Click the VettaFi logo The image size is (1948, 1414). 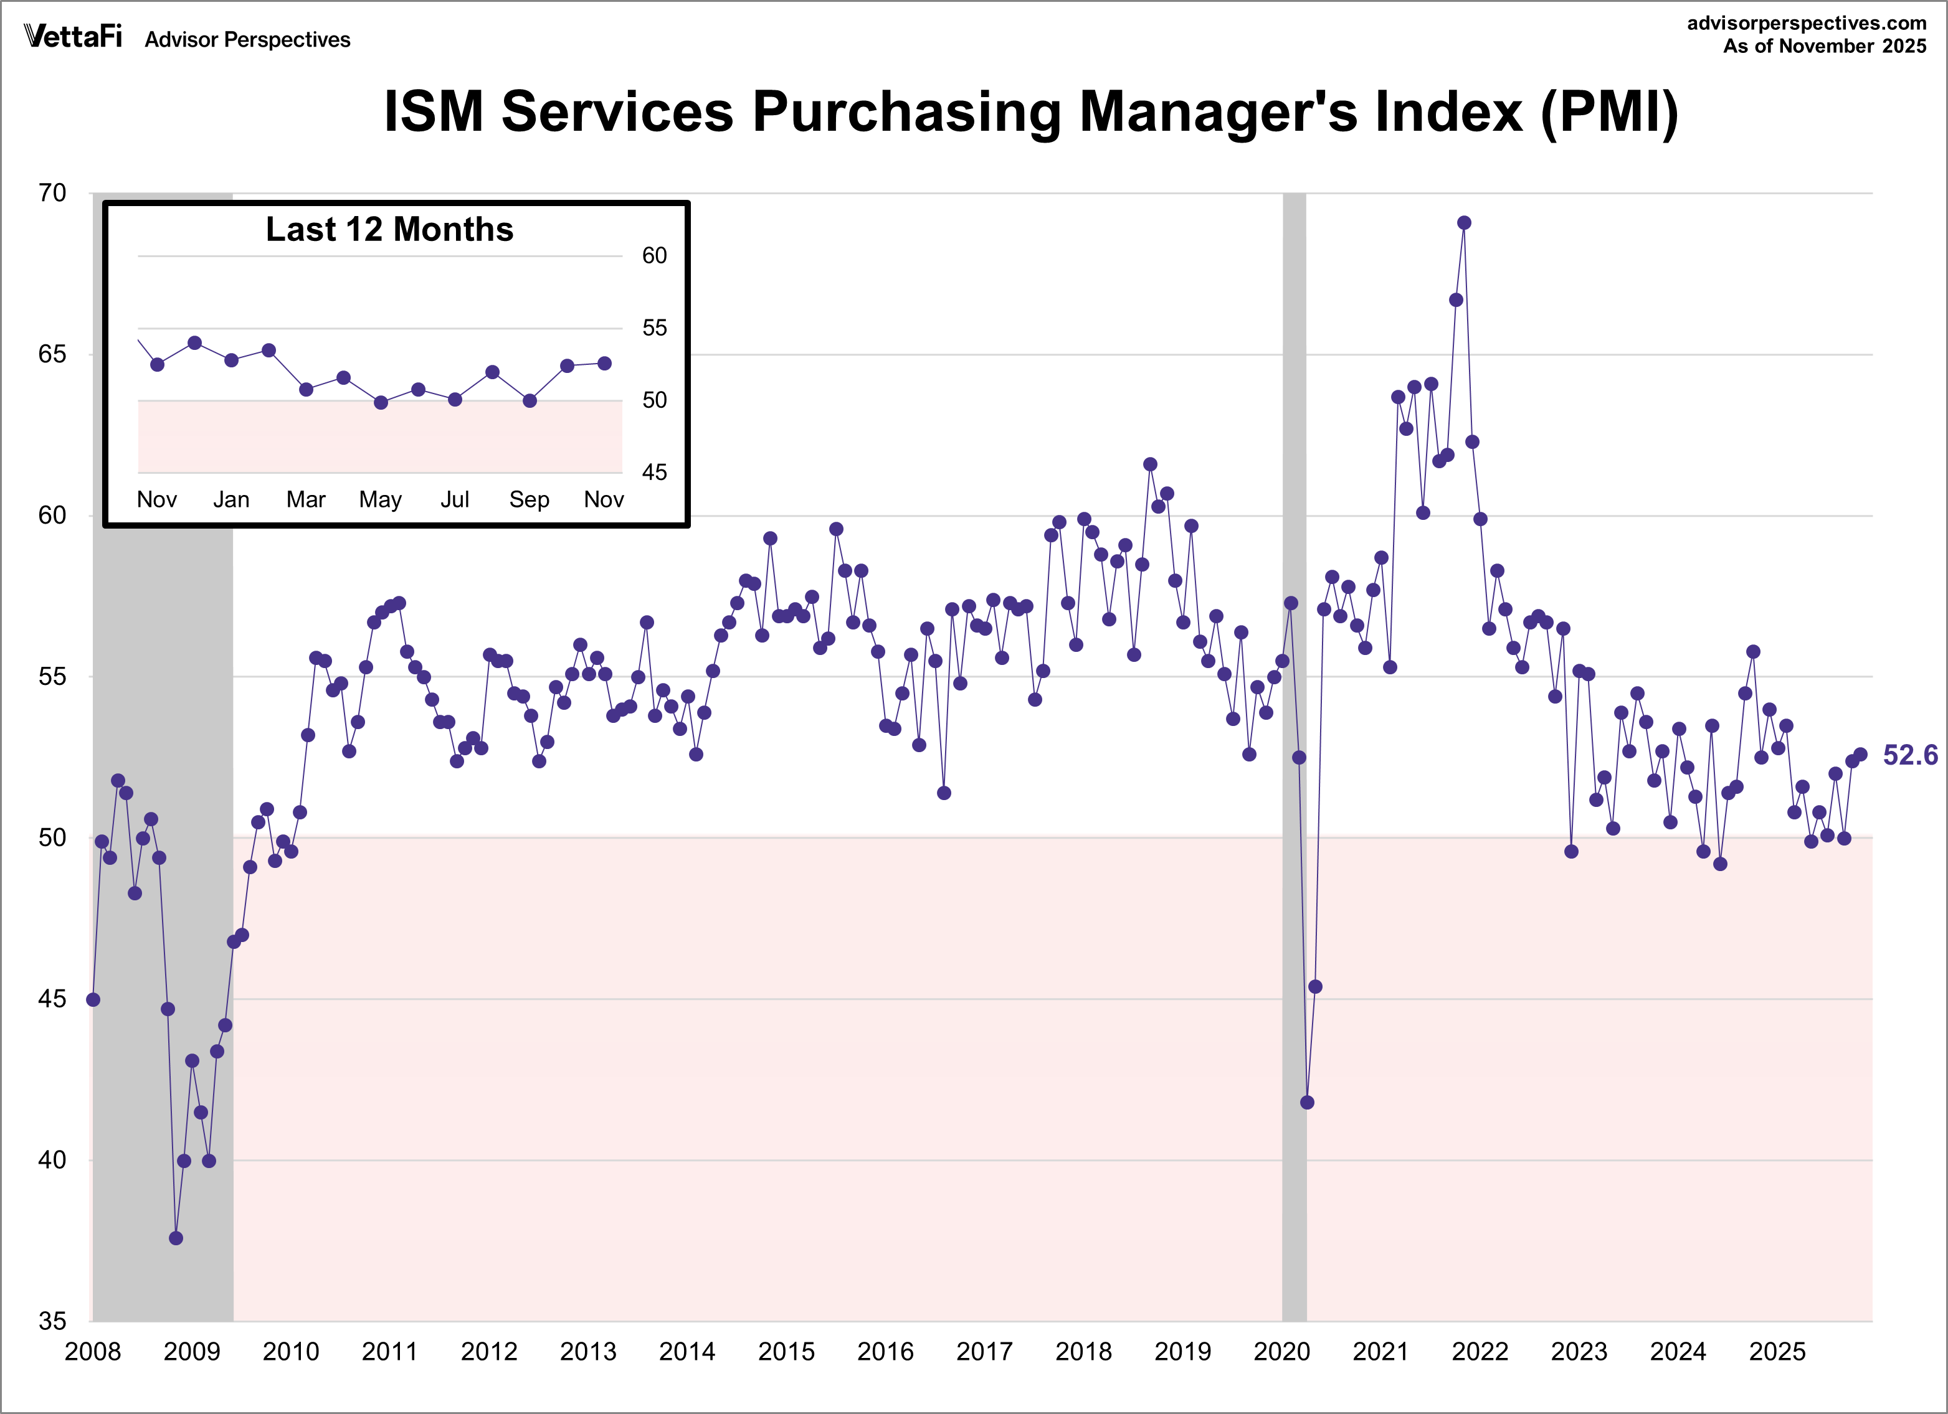coord(72,37)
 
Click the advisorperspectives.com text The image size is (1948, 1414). coord(1807,23)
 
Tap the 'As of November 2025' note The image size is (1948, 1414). coord(1824,46)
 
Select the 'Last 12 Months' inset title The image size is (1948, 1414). coord(389,229)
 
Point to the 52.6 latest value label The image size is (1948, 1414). coord(1909,755)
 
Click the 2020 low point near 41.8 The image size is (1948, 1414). coord(1307,1102)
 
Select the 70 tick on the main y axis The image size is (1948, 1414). coord(52,193)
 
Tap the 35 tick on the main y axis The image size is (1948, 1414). coord(52,1321)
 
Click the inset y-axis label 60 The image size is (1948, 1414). coord(655,256)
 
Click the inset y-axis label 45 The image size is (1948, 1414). coord(655,472)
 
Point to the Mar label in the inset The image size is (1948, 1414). coord(306,500)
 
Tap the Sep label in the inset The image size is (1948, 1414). coord(529,500)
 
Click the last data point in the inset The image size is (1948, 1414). coord(605,363)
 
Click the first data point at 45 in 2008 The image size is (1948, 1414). coord(93,999)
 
